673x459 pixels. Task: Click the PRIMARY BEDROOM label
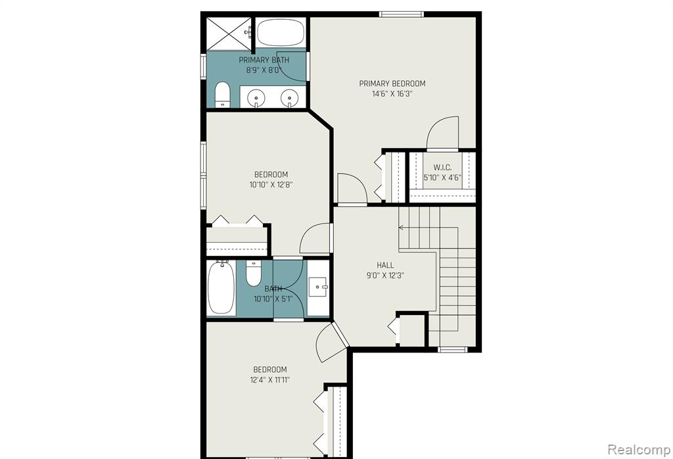coord(392,84)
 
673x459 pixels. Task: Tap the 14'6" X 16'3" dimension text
coord(392,93)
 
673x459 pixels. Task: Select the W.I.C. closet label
coord(442,168)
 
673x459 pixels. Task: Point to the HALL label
coord(385,265)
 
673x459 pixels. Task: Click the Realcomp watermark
coord(639,450)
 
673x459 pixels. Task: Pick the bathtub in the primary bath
coord(281,33)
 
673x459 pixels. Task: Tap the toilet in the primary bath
coord(222,95)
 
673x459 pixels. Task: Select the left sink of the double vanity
coord(257,97)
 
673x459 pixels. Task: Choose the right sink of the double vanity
coord(290,97)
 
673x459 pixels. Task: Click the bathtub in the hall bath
coord(221,287)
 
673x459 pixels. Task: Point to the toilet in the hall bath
coord(253,273)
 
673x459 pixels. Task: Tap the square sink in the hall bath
coord(318,287)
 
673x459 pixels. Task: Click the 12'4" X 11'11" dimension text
coord(270,379)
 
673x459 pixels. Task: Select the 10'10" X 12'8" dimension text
coord(271,185)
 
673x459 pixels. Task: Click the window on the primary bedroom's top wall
coord(402,14)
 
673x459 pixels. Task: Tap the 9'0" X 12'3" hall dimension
coord(385,276)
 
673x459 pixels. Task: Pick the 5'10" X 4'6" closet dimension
coord(442,178)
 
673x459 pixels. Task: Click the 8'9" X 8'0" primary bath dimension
coord(263,70)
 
